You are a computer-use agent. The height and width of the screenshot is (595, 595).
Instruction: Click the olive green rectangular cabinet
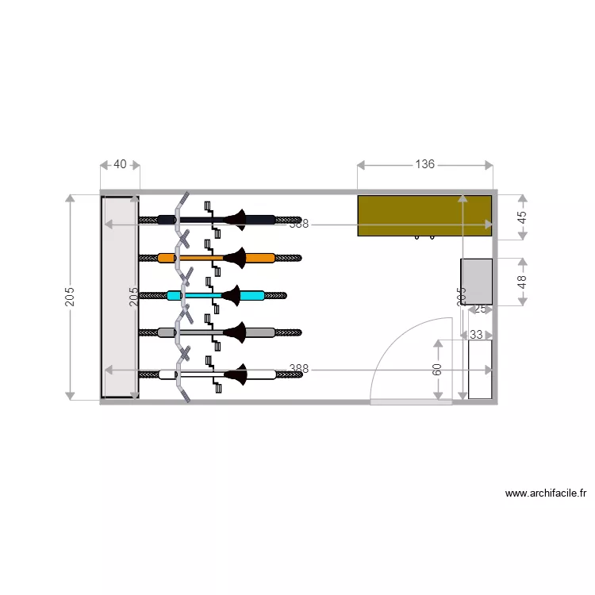424,215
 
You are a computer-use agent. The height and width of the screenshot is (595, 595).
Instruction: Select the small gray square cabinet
476,282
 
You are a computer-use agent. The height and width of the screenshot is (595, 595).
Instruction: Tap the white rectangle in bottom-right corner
479,369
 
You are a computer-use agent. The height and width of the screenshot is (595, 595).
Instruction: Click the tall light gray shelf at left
120,297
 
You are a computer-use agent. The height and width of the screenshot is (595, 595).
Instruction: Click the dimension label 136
425,164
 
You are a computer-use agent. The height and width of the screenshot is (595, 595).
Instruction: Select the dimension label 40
120,164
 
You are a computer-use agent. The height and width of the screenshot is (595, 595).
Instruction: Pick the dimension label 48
522,282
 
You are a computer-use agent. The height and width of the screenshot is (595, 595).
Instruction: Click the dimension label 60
437,370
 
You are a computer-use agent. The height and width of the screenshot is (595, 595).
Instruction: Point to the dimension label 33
476,335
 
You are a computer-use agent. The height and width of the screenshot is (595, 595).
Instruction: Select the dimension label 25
479,309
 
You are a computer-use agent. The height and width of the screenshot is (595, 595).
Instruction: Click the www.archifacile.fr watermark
546,493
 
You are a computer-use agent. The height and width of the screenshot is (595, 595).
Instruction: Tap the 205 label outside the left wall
70,297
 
